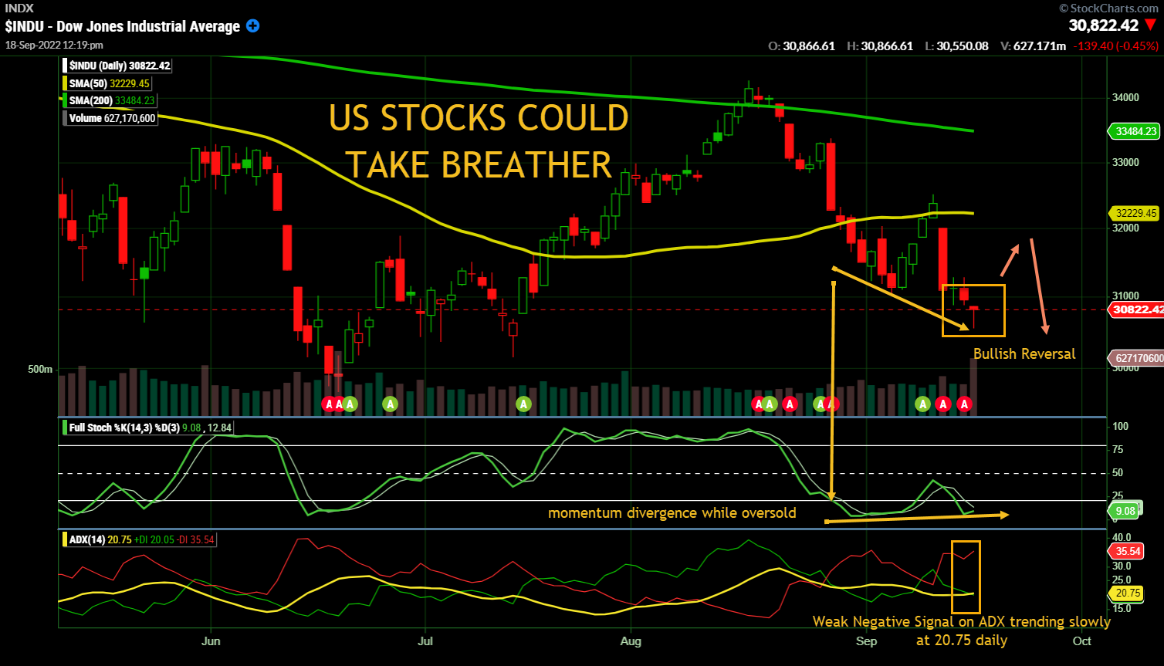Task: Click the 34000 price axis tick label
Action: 1125,97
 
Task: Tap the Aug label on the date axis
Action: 631,641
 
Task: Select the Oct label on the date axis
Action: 1082,641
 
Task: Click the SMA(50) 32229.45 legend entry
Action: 109,83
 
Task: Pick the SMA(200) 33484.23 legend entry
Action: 112,100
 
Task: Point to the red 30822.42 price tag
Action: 1137,309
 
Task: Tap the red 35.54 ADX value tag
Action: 1128,551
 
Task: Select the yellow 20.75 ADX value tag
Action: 1128,593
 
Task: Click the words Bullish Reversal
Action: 1024,354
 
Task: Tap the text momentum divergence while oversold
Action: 672,513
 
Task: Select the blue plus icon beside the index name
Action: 252,25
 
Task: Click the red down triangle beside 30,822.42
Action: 1151,25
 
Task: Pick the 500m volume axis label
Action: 40,370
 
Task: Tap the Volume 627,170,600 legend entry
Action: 113,118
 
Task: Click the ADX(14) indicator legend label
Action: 86,539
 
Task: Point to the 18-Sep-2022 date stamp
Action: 54,45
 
